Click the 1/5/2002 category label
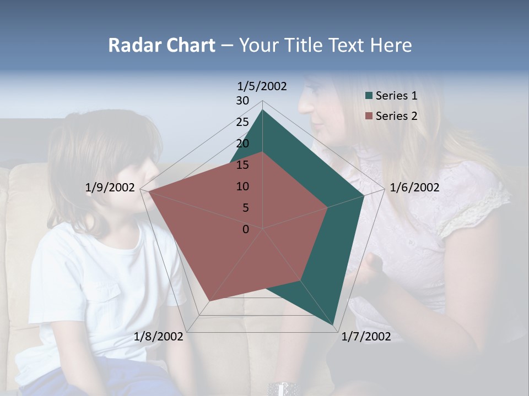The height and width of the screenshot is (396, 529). click(x=262, y=86)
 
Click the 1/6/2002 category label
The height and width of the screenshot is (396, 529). click(x=414, y=188)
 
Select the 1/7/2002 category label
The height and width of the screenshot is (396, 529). click(x=366, y=337)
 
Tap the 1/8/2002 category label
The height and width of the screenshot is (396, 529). click(x=159, y=337)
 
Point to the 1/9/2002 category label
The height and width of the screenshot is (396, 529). click(x=110, y=188)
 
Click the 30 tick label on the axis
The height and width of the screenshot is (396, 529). click(x=242, y=101)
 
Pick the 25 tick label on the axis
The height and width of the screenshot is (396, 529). click(x=242, y=122)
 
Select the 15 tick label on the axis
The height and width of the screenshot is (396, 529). click(x=242, y=165)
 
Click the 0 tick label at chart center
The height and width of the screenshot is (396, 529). click(x=246, y=229)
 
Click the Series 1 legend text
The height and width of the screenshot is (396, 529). click(x=396, y=96)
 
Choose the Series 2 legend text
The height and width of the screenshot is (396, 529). click(x=396, y=116)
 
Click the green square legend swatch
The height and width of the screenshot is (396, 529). click(x=369, y=96)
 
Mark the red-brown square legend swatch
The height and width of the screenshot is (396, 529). click(x=369, y=116)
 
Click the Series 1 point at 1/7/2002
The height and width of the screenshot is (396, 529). click(x=334, y=325)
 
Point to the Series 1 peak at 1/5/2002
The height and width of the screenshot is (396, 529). click(x=263, y=110)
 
